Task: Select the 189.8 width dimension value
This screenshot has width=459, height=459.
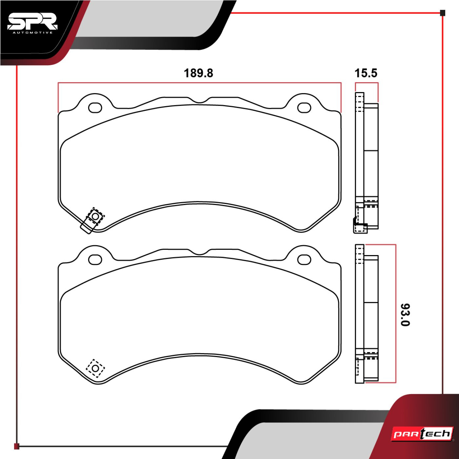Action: [198, 73]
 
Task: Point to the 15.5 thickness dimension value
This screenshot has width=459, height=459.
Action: [366, 73]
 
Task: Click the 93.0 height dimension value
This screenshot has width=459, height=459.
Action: [405, 315]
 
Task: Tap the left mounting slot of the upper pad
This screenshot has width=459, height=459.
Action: [95, 108]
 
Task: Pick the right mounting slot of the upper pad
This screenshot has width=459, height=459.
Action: [304, 108]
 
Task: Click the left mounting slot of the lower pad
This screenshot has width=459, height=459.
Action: [95, 260]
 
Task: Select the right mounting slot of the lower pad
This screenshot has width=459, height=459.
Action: [304, 260]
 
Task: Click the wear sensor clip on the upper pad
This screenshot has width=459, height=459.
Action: [93, 220]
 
